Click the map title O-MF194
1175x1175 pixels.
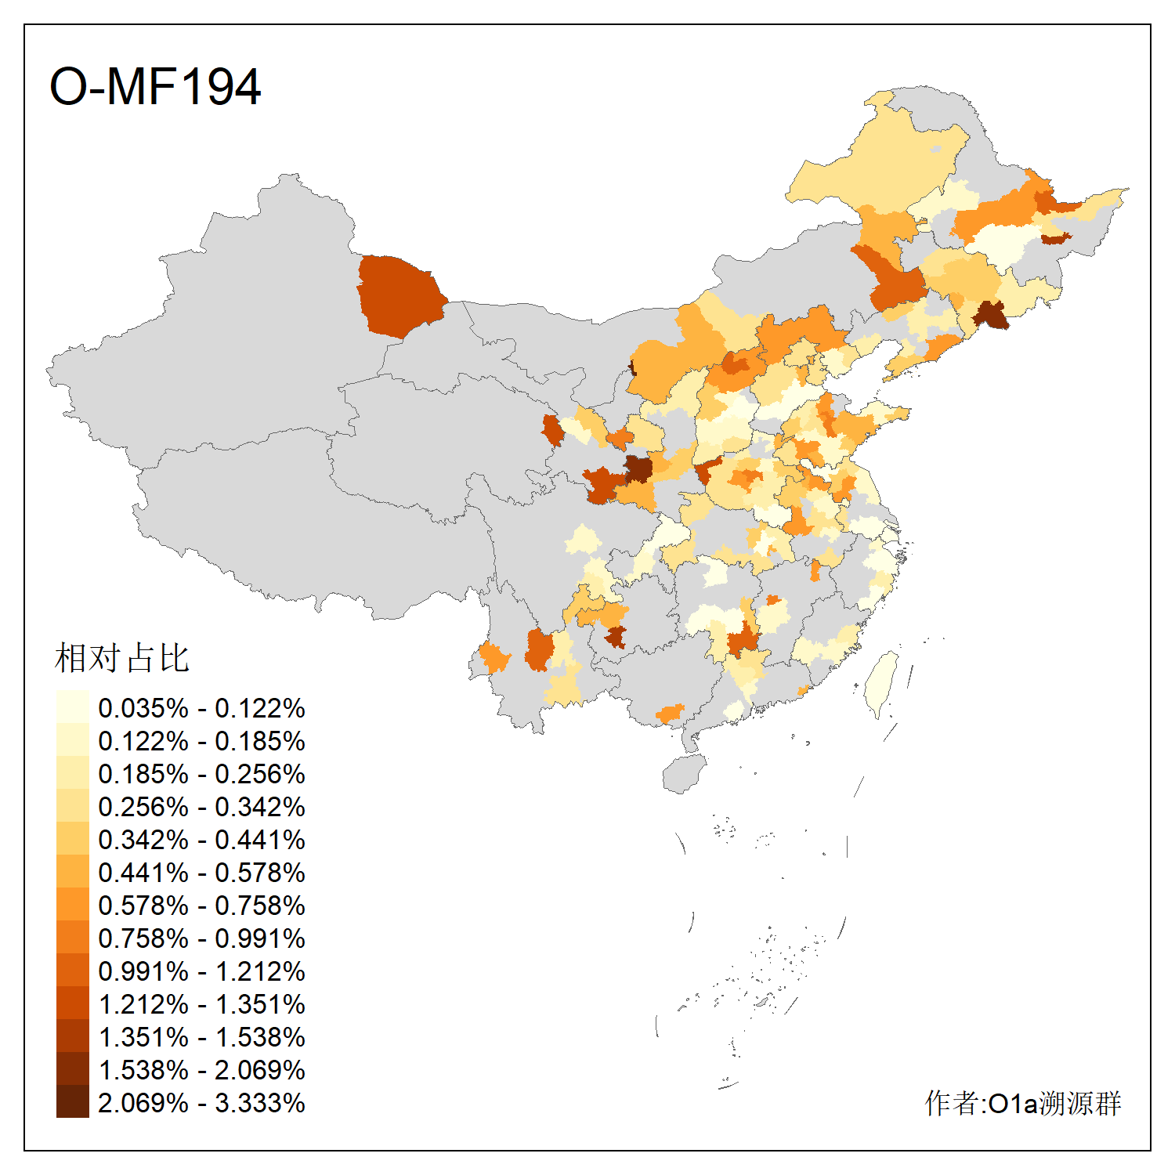click(x=155, y=86)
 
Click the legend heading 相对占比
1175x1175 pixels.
click(x=121, y=658)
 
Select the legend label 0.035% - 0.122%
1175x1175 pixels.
click(x=201, y=708)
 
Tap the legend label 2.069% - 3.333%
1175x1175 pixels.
click(x=201, y=1103)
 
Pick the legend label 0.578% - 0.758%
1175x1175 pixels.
click(x=201, y=906)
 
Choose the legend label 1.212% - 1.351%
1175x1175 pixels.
click(x=201, y=1004)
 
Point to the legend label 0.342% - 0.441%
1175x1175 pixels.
click(x=201, y=840)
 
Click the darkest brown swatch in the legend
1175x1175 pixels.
click(x=72, y=1101)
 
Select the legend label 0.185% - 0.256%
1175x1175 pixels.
click(x=201, y=774)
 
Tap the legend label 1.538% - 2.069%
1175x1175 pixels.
click(x=201, y=1070)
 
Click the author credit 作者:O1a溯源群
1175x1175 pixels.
click(x=1022, y=1103)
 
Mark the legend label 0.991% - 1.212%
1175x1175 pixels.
click(x=201, y=971)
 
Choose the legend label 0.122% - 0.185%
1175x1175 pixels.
click(x=201, y=741)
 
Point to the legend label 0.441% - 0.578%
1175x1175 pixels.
click(x=201, y=873)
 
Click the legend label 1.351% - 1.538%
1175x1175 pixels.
click(x=201, y=1037)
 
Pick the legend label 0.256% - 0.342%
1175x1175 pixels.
click(x=201, y=807)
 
